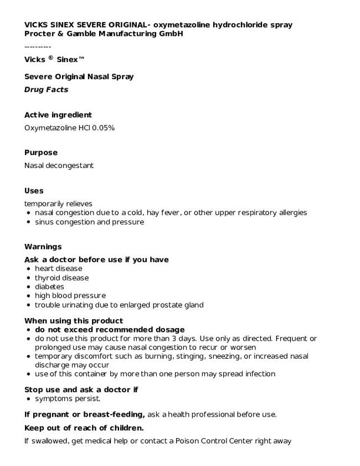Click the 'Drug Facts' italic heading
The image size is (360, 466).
click(46, 90)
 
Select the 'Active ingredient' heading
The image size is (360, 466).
click(58, 115)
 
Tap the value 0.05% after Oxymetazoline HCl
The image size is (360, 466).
click(104, 128)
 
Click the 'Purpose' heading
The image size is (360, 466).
click(40, 152)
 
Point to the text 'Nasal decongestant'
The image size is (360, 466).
click(59, 165)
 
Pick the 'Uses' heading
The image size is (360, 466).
click(33, 191)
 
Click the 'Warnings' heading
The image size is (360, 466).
click(43, 247)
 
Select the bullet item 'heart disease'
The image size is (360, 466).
click(58, 269)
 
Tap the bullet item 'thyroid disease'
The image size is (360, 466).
click(61, 278)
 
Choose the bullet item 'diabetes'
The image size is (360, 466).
click(49, 286)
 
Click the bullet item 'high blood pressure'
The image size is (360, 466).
click(70, 295)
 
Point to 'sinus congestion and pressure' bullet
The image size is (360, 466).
click(89, 222)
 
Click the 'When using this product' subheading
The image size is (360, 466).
click(73, 320)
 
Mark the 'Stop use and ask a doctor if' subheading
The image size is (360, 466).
click(81, 390)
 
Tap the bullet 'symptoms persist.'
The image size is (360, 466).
click(68, 398)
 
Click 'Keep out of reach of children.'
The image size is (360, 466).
click(84, 428)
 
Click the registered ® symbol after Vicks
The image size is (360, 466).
click(50, 57)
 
